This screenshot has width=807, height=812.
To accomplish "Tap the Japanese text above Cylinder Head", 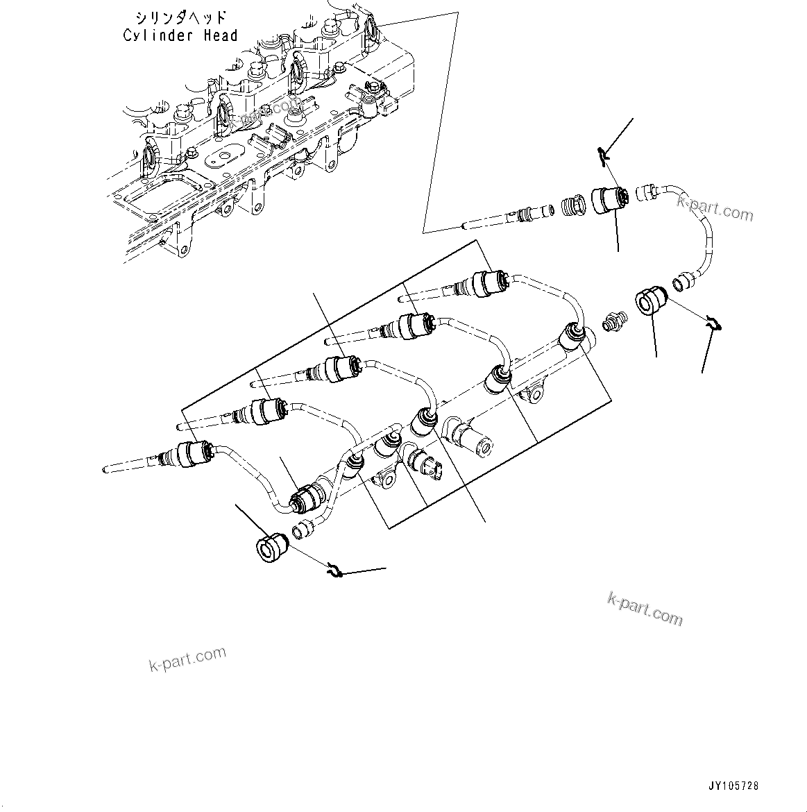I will click(x=179, y=17).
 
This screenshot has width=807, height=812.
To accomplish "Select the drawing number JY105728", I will click(x=733, y=786).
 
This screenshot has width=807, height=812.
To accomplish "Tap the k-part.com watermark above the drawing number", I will click(x=645, y=608).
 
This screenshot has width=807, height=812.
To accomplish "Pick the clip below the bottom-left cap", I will click(x=335, y=570).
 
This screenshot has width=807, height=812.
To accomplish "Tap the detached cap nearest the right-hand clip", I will click(x=650, y=303).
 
